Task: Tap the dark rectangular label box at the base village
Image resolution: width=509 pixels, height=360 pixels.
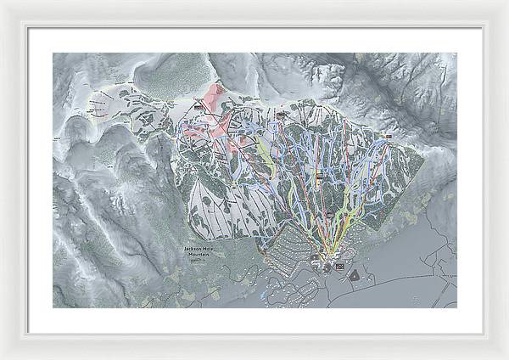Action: pyautogui.click(x=341, y=267)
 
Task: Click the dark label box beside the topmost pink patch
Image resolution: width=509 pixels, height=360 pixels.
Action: pyautogui.click(x=201, y=108)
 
